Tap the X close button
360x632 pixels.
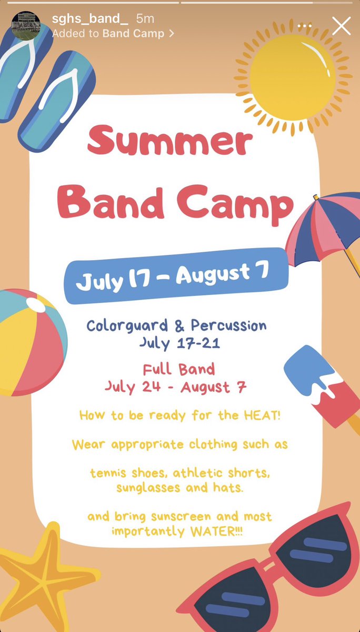pos(341,26)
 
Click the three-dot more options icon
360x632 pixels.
pos(305,25)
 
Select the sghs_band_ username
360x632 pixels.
pos(89,19)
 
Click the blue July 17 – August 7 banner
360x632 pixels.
pos(176,276)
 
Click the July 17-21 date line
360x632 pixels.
pos(179,343)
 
